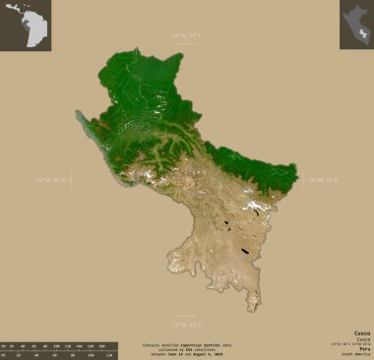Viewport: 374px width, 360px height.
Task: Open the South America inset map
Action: (26, 26)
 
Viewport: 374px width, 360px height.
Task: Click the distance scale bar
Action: (59, 350)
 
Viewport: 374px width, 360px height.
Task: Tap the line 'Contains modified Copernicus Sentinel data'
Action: (188, 344)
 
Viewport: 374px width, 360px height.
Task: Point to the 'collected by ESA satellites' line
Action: (188, 349)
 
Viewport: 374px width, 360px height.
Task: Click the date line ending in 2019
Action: (188, 354)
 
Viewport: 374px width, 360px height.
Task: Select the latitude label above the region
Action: (186, 35)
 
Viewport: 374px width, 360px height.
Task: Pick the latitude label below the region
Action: (186, 323)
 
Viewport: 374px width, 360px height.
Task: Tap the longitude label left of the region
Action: (50, 181)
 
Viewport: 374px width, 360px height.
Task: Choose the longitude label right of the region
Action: (326, 180)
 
